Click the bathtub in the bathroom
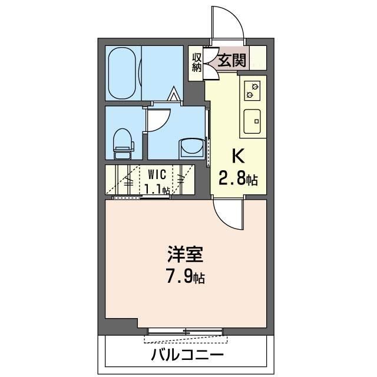coord(122,73)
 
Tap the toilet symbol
coord(123,144)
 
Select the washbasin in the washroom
coord(191,148)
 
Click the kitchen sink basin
coord(252,121)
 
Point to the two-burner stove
coord(252,91)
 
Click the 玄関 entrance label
coord(232,60)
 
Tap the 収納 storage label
coord(197,62)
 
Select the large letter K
coord(238,156)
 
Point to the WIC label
coord(157,174)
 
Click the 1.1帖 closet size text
coord(157,189)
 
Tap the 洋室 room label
coord(186,254)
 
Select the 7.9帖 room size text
coord(185,277)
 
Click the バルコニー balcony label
coord(187,355)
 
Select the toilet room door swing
coord(158,120)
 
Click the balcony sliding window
coord(185,331)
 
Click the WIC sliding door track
coord(141,198)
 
